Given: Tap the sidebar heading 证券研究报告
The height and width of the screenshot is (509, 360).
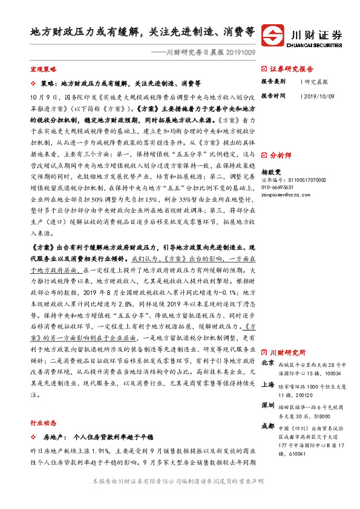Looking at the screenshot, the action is [292, 69].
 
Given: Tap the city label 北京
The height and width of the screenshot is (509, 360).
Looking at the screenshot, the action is [268, 364].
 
